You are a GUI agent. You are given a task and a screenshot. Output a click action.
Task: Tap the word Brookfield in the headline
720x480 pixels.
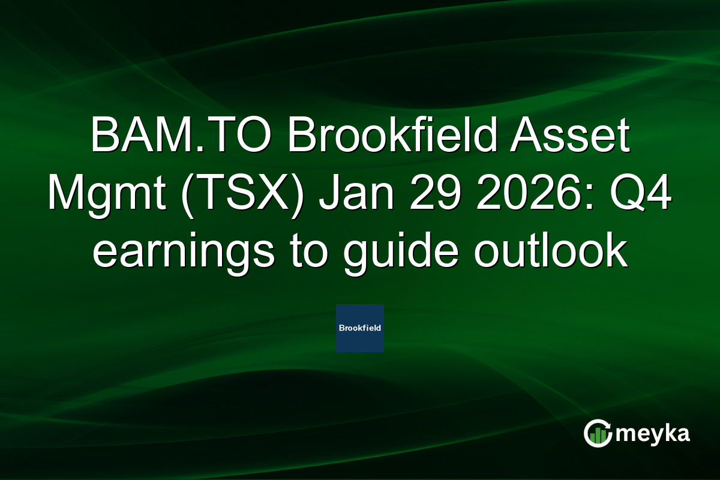[384, 137]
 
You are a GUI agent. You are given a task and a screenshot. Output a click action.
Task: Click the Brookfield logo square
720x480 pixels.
[360, 328]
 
